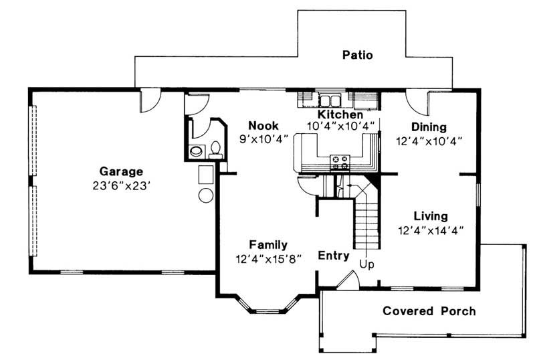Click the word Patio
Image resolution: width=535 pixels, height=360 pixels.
(358, 55)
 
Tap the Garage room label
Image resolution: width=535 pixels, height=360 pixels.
(121, 171)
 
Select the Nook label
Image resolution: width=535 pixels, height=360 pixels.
(263, 125)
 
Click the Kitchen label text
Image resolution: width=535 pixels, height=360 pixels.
(340, 115)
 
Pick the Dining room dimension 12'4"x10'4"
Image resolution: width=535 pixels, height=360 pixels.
(429, 141)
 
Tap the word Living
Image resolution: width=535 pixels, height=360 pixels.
(430, 216)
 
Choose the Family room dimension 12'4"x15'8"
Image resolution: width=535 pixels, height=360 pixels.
(269, 258)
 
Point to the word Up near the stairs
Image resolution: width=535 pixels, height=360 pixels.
(368, 264)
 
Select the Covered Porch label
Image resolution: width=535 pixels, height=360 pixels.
(429, 311)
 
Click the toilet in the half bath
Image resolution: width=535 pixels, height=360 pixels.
(215, 149)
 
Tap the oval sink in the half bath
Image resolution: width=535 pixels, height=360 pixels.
(195, 151)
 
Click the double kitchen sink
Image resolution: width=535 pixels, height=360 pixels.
(330, 101)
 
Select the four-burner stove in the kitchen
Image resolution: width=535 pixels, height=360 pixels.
(340, 161)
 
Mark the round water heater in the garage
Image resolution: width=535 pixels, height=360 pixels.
(207, 195)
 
